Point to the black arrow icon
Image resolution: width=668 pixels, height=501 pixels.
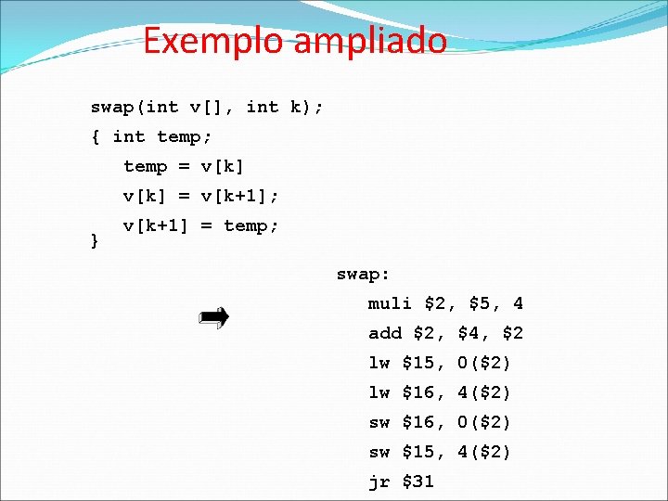pyautogui.click(x=214, y=319)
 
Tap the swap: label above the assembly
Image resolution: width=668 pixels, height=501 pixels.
pyautogui.click(x=363, y=274)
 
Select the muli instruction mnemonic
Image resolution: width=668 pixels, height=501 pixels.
pyautogui.click(x=391, y=303)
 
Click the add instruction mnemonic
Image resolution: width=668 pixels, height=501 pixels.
pyautogui.click(x=385, y=333)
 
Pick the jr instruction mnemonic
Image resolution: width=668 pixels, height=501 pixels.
pyautogui.click(x=379, y=482)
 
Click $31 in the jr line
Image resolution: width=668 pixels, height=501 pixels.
pyautogui.click(x=418, y=482)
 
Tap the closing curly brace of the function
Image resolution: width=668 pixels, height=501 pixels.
pyautogui.click(x=94, y=240)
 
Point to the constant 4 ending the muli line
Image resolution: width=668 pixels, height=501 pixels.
pyautogui.click(x=518, y=303)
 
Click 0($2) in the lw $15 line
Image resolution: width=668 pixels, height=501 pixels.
pyautogui.click(x=484, y=363)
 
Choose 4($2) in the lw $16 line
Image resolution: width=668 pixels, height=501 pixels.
pyautogui.click(x=484, y=392)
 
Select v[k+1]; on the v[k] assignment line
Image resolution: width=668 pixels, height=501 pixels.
pyautogui.click(x=240, y=196)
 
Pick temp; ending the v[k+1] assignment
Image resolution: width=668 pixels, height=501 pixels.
pyautogui.click(x=251, y=225)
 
